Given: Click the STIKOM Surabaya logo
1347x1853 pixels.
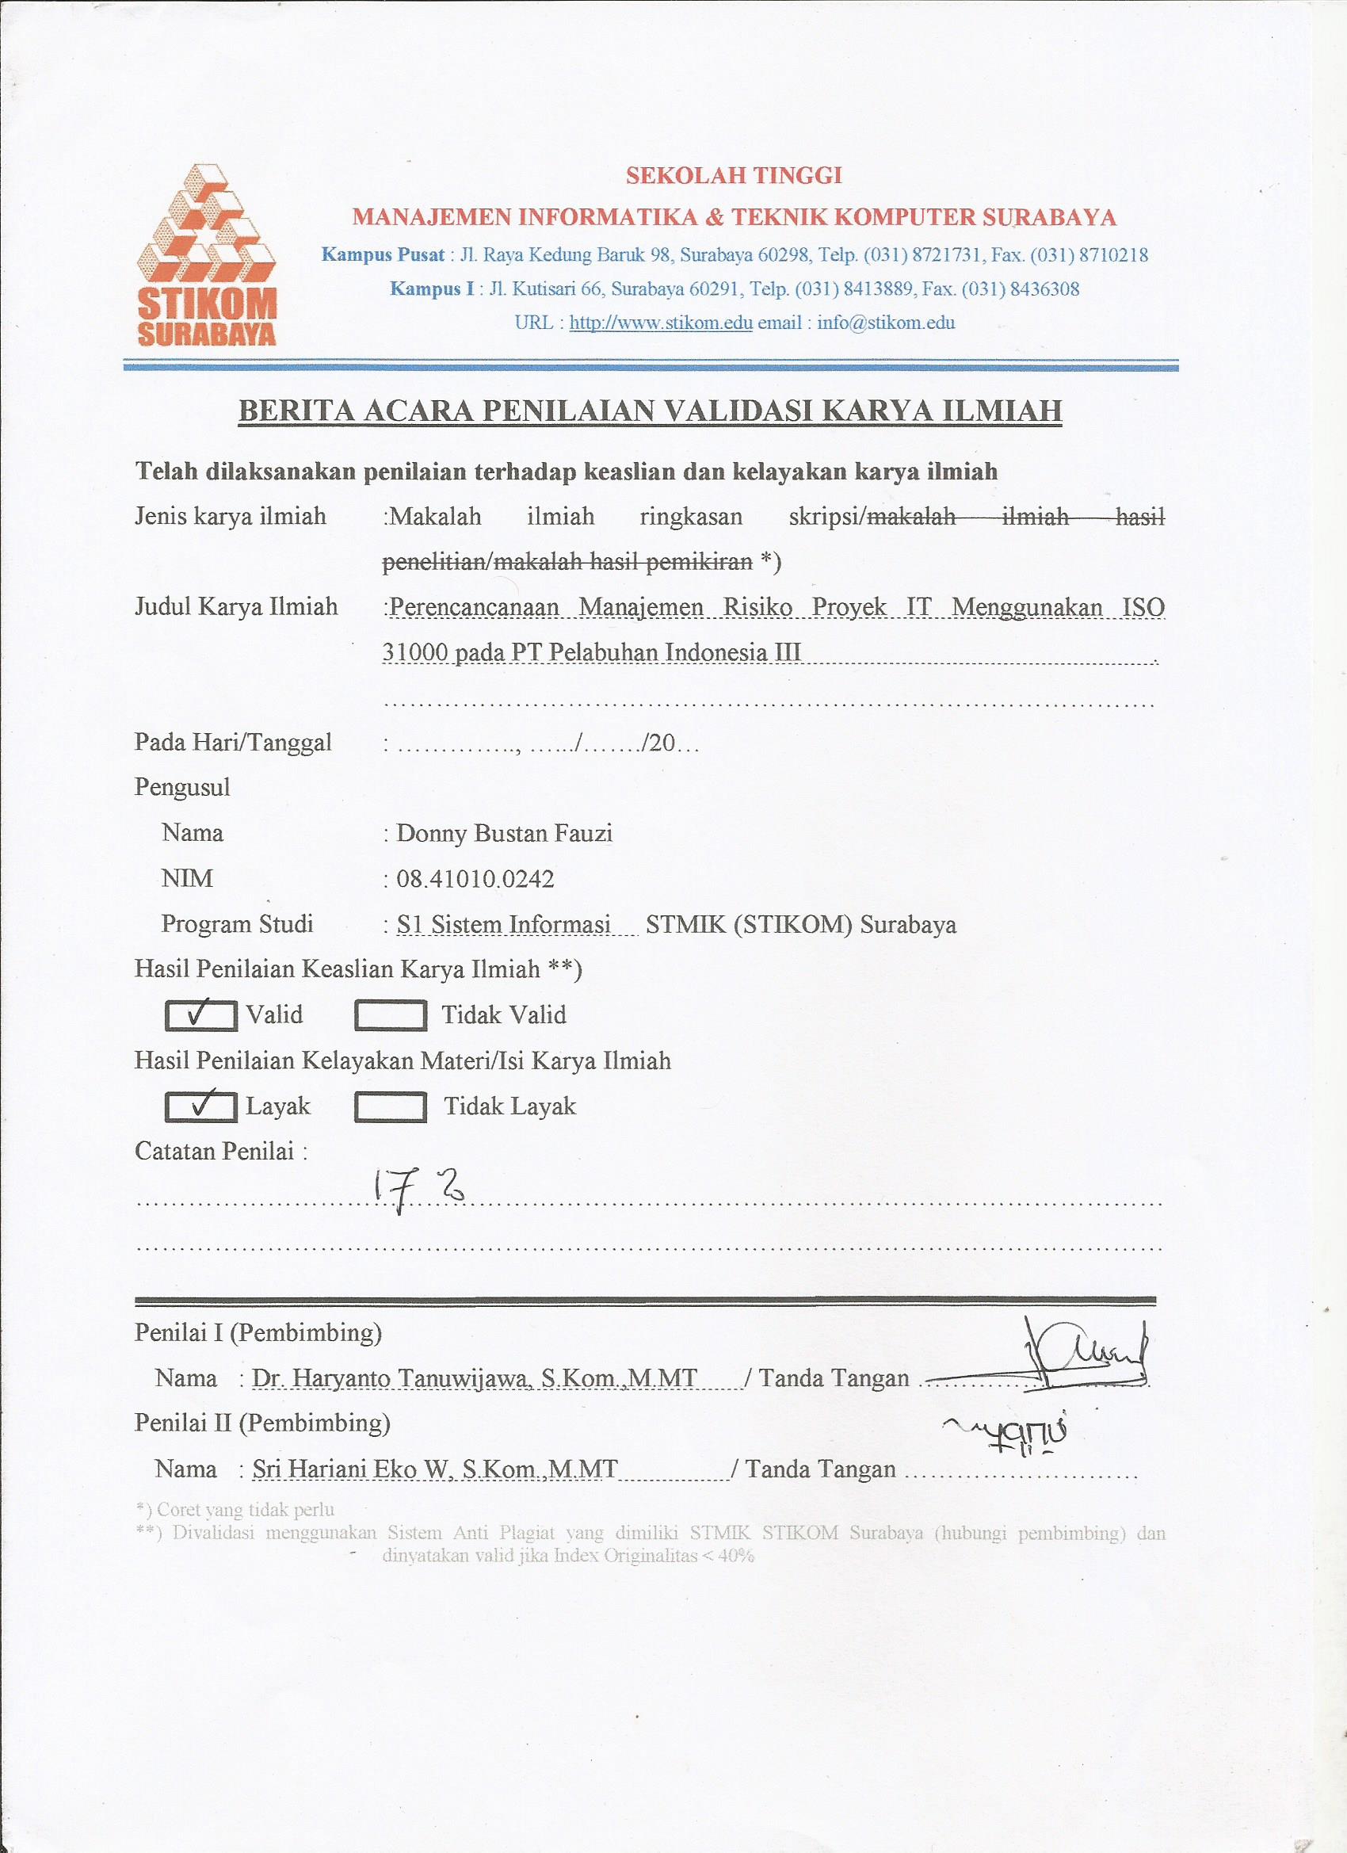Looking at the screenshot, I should coord(207,255).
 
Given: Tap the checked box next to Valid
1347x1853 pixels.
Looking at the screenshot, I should coord(201,1014).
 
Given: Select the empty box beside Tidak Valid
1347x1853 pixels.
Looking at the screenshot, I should coord(390,1015).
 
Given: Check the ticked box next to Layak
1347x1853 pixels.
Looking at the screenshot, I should coord(201,1106).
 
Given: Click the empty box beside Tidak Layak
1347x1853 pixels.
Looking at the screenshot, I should coord(390,1107).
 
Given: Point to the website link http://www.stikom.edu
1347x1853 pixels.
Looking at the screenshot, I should coord(660,323).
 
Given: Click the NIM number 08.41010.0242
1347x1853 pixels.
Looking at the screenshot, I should coord(475,879).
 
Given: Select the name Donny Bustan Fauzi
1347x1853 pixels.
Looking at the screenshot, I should coord(504,833).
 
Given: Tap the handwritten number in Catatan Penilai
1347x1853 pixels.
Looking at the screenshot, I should coord(418,1191).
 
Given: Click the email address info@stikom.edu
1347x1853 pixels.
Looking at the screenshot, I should coord(886,323).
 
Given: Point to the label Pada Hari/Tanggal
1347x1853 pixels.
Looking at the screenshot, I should coord(233,742).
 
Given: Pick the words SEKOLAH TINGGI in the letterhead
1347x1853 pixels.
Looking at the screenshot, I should coord(734,176).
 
